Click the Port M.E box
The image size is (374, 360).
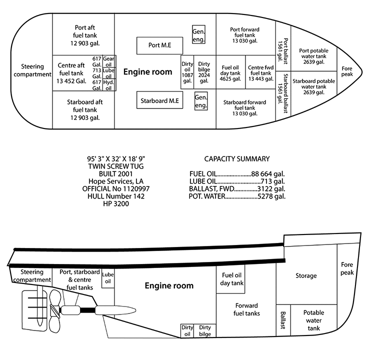coord(159,45)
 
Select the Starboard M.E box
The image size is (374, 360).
coord(159,100)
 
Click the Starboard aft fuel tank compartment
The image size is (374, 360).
coord(83,109)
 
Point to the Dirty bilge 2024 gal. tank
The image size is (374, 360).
coord(204,72)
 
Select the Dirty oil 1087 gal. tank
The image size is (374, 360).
coord(187,72)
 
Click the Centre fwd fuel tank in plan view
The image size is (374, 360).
coord(260,73)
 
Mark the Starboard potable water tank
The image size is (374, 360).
coord(313,86)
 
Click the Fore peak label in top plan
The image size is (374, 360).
coord(347,71)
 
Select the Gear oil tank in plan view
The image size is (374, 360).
coord(109,61)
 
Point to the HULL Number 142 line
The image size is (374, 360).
coord(116,196)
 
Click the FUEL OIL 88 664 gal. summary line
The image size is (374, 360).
coord(237,173)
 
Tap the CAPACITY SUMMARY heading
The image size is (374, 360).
coord(237,159)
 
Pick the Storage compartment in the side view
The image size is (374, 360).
coord(306,275)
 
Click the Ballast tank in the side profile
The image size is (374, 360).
coord(283,320)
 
